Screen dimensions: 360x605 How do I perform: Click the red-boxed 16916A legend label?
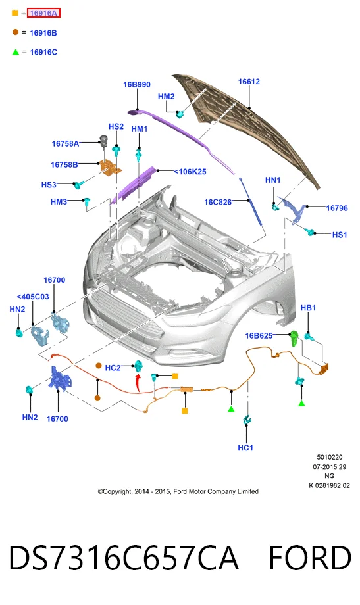coord(43,13)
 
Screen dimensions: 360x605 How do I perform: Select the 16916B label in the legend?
coord(43,33)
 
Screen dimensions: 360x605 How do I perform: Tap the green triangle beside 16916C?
coord(15,52)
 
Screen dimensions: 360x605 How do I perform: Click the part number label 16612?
coord(249,82)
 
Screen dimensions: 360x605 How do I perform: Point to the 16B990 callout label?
coord(137,84)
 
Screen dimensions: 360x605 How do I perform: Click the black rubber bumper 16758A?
coord(104,140)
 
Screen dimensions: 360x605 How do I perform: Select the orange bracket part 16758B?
coord(111,166)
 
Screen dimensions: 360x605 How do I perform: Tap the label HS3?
coord(49,185)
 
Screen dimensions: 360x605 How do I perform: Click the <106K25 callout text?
coord(190,172)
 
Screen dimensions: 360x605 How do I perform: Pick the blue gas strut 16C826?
coord(251,201)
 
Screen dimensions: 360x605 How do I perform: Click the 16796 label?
coord(337,208)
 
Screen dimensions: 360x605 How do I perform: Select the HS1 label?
coord(340,235)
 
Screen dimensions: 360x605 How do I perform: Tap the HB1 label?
coord(308,308)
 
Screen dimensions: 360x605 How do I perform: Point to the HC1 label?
coord(245,448)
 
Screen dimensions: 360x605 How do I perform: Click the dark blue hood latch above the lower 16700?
coord(59,379)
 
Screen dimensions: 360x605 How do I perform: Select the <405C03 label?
coord(33,297)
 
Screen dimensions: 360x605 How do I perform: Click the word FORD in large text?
coord(310,558)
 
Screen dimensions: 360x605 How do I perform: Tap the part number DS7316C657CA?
coord(123,558)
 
